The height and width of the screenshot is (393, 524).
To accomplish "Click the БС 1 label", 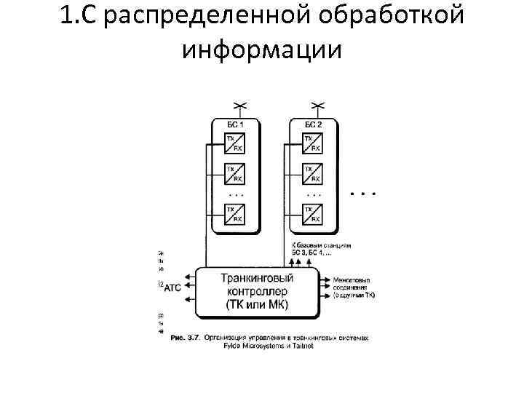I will (234, 125).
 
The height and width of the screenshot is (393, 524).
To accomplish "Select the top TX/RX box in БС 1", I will (234, 142).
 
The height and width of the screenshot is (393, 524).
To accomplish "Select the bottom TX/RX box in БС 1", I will (234, 214).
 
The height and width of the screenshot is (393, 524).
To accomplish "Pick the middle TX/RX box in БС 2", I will (311, 173).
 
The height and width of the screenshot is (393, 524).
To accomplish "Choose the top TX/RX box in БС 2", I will (311, 142).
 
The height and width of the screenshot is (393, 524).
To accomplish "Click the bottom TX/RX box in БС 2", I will (311, 214).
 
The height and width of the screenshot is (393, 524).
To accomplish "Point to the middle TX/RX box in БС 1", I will (234, 173).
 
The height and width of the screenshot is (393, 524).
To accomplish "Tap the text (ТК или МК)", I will (258, 304).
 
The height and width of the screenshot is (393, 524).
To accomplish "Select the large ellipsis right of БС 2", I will (362, 194).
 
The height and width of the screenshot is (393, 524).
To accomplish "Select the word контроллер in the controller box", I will (258, 291).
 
